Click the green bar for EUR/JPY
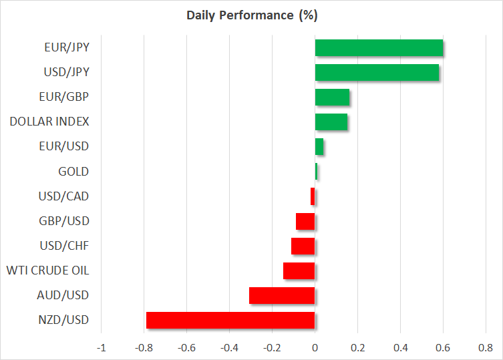[x=379, y=48]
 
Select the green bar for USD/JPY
[x=377, y=72]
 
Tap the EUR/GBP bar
[x=332, y=98]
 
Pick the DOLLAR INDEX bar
[x=331, y=122]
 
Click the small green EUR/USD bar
[x=319, y=147]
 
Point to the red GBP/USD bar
[x=305, y=221]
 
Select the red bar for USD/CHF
[x=303, y=246]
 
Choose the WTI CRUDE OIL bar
[x=299, y=271]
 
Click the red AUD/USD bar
[x=282, y=295]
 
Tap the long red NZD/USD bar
[x=230, y=320]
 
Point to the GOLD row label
[x=73, y=172]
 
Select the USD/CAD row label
[x=64, y=196]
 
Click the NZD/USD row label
[x=64, y=319]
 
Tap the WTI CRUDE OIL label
[x=47, y=271]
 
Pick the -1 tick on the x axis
[x=101, y=347]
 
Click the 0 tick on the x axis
[x=315, y=347]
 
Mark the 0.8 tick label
[x=486, y=347]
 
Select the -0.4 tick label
[x=229, y=347]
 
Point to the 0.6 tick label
[x=443, y=347]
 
